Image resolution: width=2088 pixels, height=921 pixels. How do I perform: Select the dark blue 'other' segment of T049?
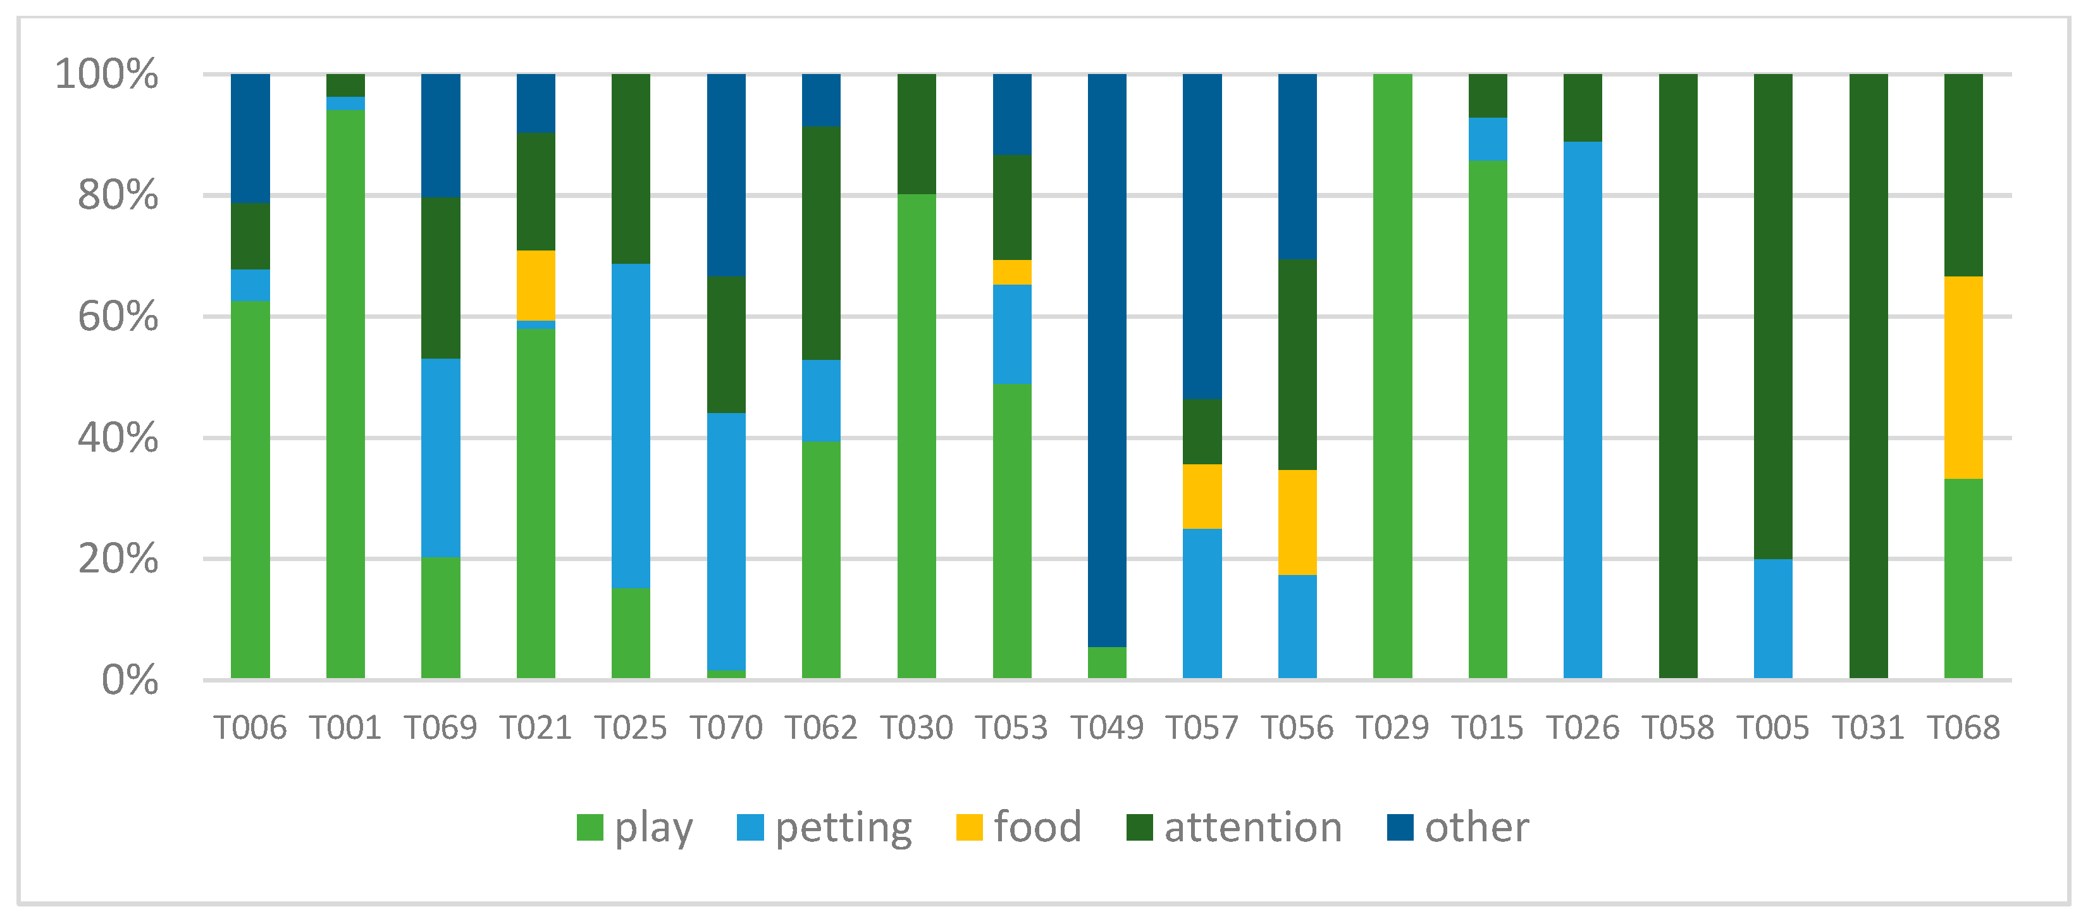pos(1106,360)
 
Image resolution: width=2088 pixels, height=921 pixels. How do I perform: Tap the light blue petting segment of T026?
pos(1582,409)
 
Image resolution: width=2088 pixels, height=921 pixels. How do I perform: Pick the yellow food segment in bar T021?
pos(536,285)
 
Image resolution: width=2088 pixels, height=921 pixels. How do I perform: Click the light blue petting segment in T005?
pos(1773,618)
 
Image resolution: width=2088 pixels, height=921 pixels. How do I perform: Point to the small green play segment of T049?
pos(1106,662)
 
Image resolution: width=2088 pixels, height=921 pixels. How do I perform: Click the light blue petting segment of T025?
pos(631,426)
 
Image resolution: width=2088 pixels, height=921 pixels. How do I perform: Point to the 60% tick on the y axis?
pos(118,317)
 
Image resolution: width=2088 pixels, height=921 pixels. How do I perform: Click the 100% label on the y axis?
pos(106,75)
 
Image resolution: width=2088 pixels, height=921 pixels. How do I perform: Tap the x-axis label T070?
pos(726,727)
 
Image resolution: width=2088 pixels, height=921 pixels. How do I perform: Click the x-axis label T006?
pos(250,727)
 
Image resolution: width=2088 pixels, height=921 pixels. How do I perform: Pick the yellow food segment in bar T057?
pos(1202,496)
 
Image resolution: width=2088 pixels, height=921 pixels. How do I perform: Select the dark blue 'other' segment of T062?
pos(821,100)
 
